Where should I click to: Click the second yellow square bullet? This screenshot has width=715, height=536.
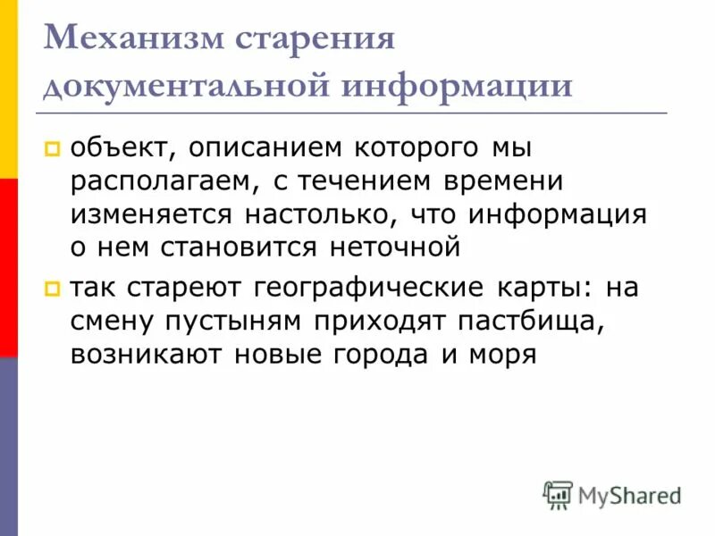pyautogui.click(x=52, y=288)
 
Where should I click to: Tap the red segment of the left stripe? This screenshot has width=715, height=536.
pyautogui.click(x=8, y=268)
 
